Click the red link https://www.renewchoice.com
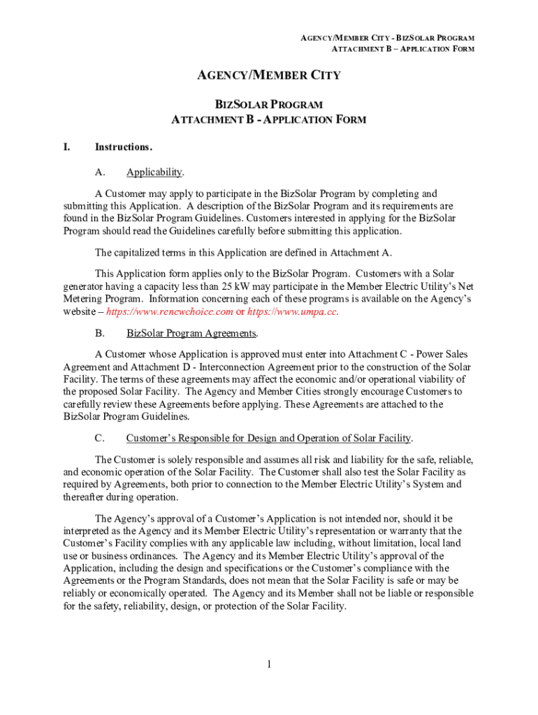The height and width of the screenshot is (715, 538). point(175,311)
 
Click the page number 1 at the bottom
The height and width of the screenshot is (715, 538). point(268,663)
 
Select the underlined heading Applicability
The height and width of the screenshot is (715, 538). point(155,172)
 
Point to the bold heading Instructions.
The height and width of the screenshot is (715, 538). point(123,147)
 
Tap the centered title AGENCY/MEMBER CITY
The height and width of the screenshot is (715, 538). point(269,75)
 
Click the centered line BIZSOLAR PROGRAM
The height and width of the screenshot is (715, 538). point(269,105)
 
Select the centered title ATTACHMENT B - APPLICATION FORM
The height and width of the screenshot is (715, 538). point(269,119)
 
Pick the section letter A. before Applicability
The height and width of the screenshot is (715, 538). point(100,172)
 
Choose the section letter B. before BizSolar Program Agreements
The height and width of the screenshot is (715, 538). point(100,332)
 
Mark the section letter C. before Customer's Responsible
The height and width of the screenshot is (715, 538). point(100,438)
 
